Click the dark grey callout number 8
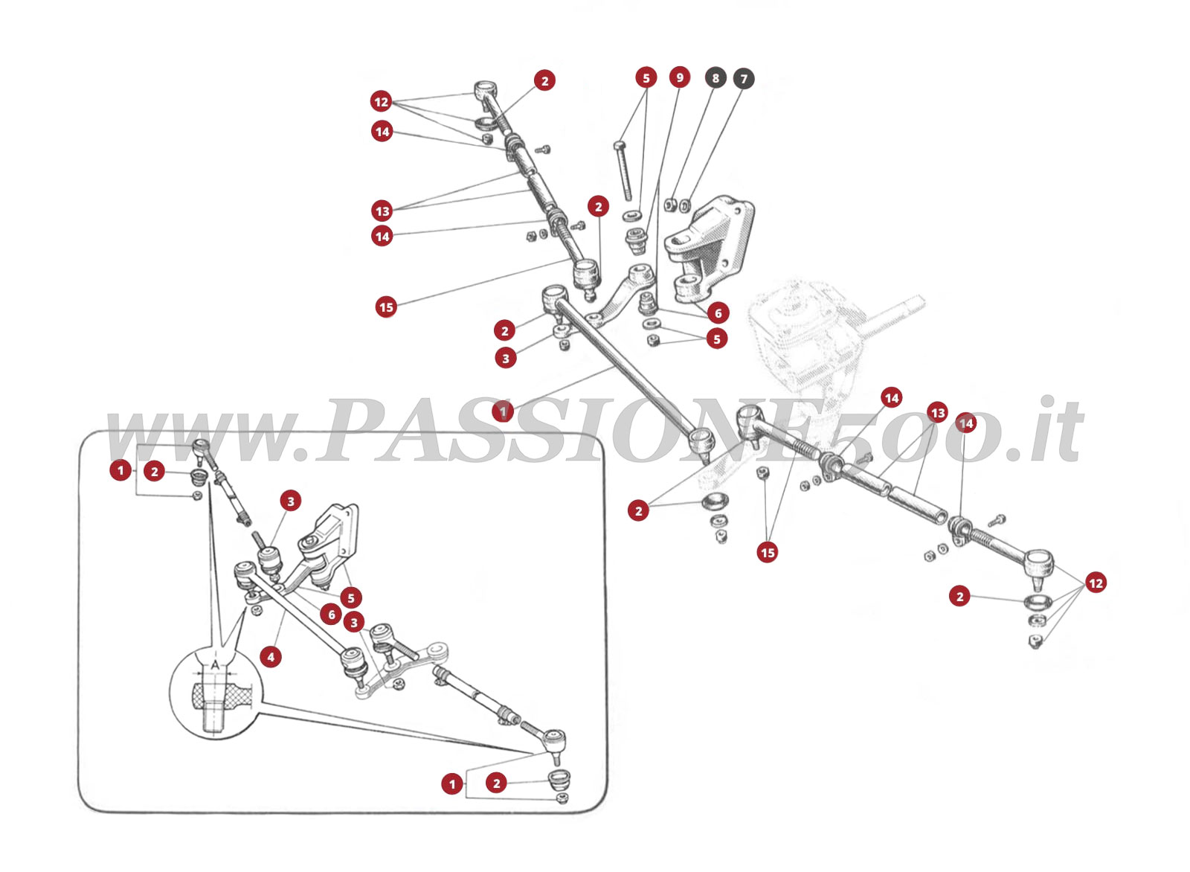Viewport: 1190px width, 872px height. pos(715,78)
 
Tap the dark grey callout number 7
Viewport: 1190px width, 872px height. pos(744,78)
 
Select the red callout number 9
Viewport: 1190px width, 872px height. pos(679,77)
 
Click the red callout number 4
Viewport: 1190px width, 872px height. pos(271,657)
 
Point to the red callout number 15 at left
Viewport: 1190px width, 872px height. pos(386,307)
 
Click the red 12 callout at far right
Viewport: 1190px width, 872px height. pos(1096,583)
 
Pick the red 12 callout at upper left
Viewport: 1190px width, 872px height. pos(381,102)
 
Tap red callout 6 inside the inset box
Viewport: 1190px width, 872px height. pos(332,615)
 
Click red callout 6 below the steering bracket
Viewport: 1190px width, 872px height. pos(718,313)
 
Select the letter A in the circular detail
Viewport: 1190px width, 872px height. pos(215,663)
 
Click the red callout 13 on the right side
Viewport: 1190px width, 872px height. pos(938,413)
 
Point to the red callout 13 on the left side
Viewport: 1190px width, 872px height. pos(382,211)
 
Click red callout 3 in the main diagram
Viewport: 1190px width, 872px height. pos(506,358)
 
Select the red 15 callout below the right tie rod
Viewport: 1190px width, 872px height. pos(768,552)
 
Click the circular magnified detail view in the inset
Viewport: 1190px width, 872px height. pos(215,692)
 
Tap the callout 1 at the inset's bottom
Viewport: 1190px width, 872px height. pos(452,783)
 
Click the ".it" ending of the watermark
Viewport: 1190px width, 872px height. pos(1049,432)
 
